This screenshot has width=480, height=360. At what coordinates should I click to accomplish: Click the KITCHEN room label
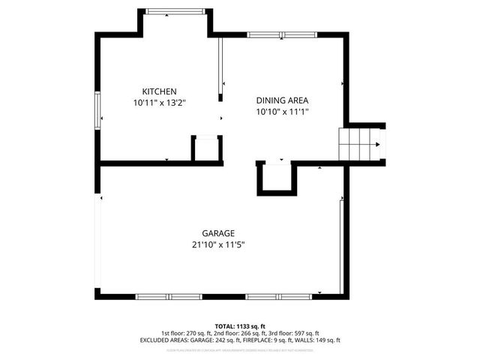click(x=159, y=91)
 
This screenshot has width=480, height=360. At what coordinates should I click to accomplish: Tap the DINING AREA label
click(x=282, y=100)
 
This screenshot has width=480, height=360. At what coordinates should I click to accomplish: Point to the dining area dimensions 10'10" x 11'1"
click(x=282, y=111)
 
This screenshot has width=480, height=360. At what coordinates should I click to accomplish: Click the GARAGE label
click(x=218, y=233)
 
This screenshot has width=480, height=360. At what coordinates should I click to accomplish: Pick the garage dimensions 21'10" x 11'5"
click(x=218, y=244)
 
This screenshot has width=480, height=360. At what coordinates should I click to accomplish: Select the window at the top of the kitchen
click(x=174, y=10)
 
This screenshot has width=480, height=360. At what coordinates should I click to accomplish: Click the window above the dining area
click(x=276, y=34)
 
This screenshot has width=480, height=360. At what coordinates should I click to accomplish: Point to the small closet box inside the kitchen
click(x=206, y=148)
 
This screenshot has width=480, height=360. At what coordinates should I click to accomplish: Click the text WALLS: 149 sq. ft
click(x=319, y=340)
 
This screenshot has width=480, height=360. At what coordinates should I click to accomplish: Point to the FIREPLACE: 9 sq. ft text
click(x=271, y=340)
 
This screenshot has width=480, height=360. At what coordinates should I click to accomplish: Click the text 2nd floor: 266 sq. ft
click(x=239, y=333)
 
